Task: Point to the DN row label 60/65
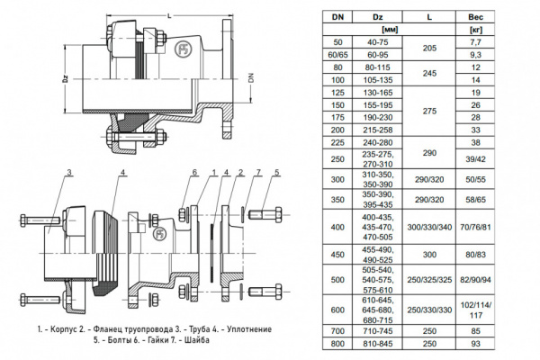tap(337, 55)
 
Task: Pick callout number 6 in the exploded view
tap(193, 172)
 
